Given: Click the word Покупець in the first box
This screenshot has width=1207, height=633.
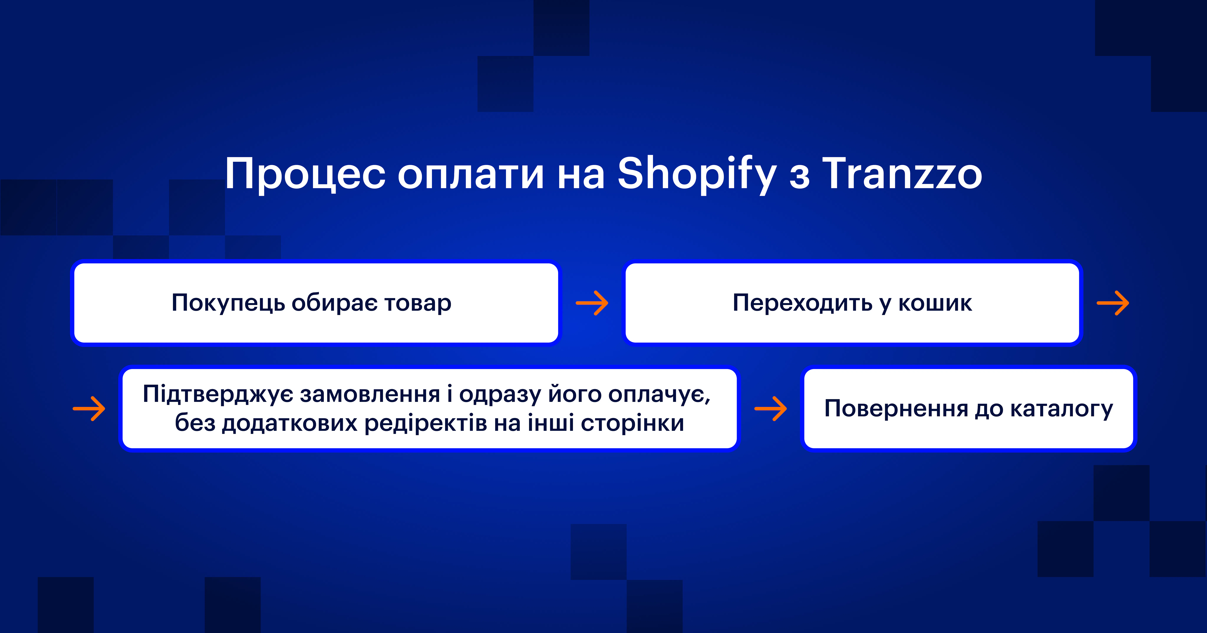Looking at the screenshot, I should click(228, 303).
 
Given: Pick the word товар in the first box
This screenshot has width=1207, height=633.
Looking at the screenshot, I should click(418, 303).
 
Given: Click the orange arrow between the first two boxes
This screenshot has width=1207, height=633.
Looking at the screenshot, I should click(592, 303).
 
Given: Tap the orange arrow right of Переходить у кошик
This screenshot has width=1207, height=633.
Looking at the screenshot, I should click(1113, 303).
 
